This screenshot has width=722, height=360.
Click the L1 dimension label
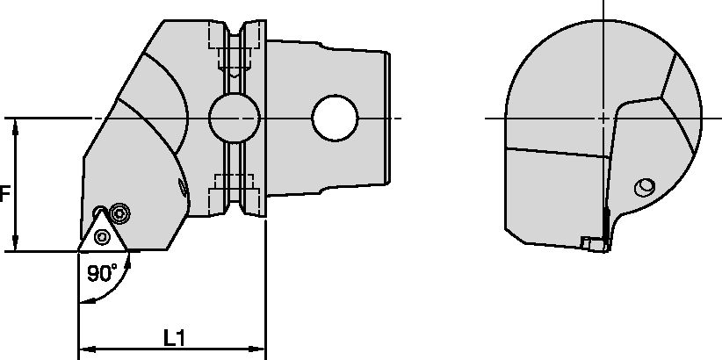pyautogui.click(x=172, y=336)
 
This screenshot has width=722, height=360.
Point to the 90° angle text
pyautogui.click(x=102, y=273)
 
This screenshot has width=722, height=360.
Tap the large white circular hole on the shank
pyautogui.click(x=336, y=118)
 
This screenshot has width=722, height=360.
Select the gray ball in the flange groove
pyautogui.click(x=235, y=117)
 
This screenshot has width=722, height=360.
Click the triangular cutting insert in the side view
pyautogui.click(x=104, y=232)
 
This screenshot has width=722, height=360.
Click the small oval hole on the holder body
pyautogui.click(x=183, y=186)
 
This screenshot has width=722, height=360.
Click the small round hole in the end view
pyautogui.click(x=646, y=187)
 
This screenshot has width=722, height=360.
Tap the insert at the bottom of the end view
pyautogui.click(x=594, y=243)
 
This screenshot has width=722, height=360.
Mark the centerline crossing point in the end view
pyautogui.click(x=603, y=118)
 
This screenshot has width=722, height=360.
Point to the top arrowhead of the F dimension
pyautogui.click(x=16, y=125)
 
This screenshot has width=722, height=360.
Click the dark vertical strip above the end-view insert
pyautogui.click(x=606, y=218)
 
